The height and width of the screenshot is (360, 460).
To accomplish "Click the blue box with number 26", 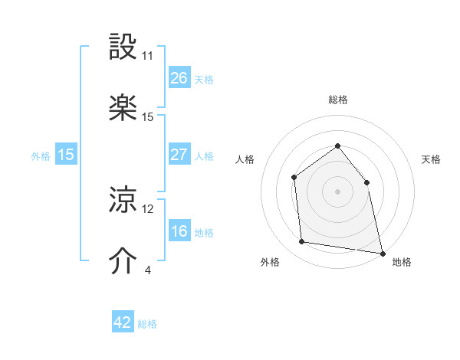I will (x=179, y=77).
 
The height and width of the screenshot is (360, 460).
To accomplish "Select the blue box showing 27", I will (x=179, y=155).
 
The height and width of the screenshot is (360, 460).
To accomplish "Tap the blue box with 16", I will (x=179, y=231).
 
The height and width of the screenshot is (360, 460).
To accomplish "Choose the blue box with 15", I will (x=66, y=155).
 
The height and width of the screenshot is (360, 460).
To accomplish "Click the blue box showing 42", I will (x=123, y=322).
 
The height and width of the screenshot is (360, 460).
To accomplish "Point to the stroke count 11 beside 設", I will (x=147, y=56).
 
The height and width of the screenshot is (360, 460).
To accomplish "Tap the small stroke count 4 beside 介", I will (x=147, y=270).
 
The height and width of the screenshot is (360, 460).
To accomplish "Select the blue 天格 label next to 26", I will (x=204, y=79).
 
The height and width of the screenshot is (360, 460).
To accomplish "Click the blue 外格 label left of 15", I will (x=41, y=155).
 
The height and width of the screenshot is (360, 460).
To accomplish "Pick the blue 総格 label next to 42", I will (x=147, y=324).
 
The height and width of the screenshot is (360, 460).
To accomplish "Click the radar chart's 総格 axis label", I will (x=337, y=100).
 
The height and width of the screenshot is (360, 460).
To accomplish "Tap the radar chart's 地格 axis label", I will (x=402, y=263).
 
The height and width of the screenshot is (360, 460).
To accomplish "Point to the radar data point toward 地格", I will (x=382, y=252).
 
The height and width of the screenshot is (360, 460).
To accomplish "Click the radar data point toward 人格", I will (x=294, y=178).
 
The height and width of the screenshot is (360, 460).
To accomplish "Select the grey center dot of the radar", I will (x=337, y=191).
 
